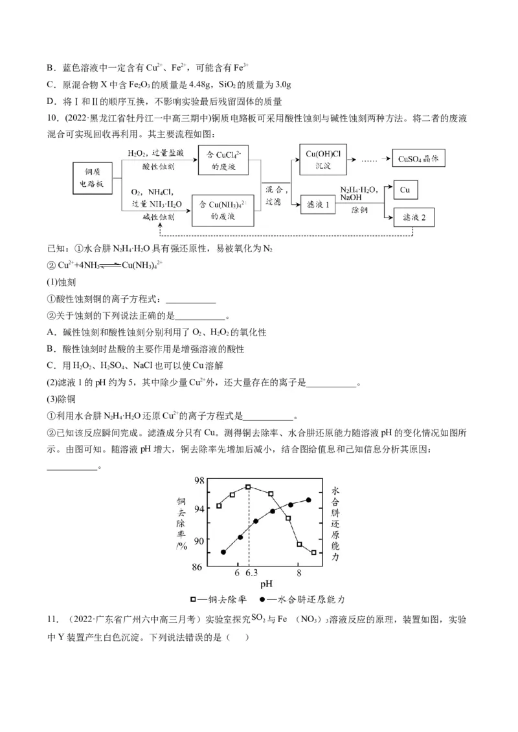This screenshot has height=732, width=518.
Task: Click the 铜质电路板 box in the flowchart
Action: click(x=94, y=178)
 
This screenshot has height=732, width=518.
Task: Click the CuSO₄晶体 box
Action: click(x=420, y=159)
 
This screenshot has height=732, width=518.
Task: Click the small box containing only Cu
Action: click(x=405, y=189)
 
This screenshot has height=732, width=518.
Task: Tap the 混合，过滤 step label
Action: click(x=275, y=196)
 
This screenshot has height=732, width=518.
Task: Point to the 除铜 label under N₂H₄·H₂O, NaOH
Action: click(x=359, y=210)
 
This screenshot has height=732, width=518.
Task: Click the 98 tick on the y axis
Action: click(x=199, y=480)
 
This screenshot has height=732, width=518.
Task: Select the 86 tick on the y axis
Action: click(x=199, y=567)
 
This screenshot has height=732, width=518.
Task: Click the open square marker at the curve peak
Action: click(x=248, y=486)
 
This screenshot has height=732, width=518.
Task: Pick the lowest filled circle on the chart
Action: click(x=223, y=552)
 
